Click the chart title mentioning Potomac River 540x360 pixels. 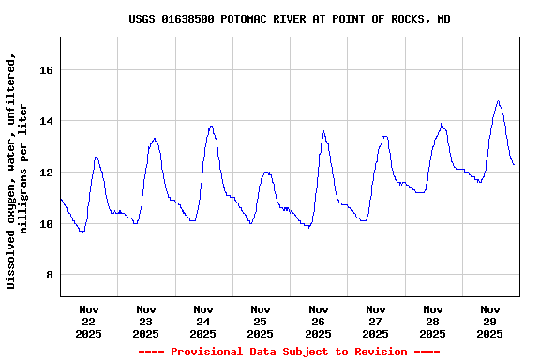[289, 19]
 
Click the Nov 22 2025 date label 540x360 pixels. [89, 321]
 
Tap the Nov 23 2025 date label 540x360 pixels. [146, 321]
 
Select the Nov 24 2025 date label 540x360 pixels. [203, 321]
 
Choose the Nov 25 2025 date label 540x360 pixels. [261, 321]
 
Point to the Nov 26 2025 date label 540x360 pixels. [318, 321]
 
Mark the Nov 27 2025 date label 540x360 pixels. [375, 321]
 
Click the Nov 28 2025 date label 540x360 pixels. [432, 321]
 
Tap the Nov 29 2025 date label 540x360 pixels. [489, 321]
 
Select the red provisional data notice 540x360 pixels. [289, 352]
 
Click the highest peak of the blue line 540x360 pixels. [498, 101]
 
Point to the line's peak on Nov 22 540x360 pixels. [96, 157]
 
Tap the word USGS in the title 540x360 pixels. [143, 19]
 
